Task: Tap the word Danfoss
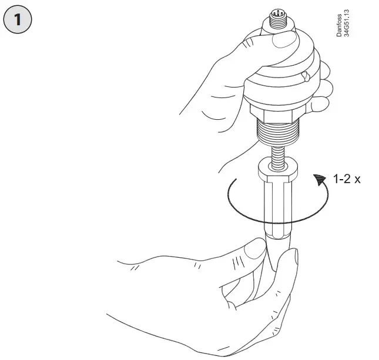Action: click(x=340, y=25)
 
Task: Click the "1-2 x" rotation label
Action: click(x=346, y=179)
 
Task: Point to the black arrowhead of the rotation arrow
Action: click(x=319, y=179)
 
